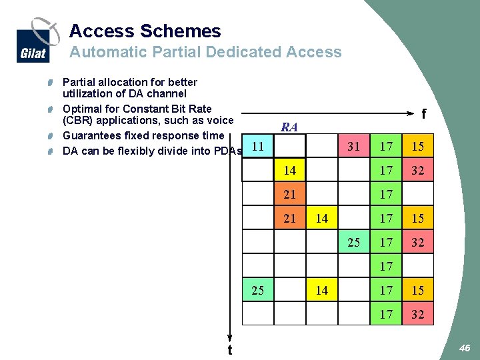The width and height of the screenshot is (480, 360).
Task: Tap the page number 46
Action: pyautogui.click(x=465, y=347)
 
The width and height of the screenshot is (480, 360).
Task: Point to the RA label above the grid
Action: pyautogui.click(x=289, y=127)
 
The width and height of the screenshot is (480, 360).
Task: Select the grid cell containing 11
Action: pyautogui.click(x=257, y=145)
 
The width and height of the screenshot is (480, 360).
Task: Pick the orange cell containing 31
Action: pyautogui.click(x=354, y=146)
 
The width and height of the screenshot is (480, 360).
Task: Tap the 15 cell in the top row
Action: pyautogui.click(x=418, y=146)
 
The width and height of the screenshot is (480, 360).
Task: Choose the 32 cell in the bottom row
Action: pyautogui.click(x=418, y=314)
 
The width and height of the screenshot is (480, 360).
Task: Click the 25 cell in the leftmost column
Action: pyautogui.click(x=257, y=290)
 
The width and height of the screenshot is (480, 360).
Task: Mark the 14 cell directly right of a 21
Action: pyautogui.click(x=322, y=218)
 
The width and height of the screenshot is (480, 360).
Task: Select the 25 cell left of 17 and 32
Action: pyautogui.click(x=354, y=242)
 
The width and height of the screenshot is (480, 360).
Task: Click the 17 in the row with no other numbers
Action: pyautogui.click(x=386, y=266)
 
